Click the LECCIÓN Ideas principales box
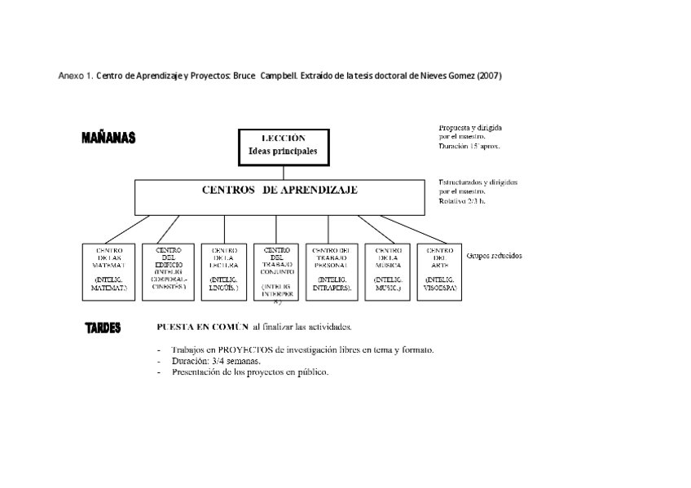(284, 145)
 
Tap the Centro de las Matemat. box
(109, 270)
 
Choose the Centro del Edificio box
(169, 270)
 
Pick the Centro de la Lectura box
(224, 270)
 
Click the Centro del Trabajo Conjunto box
(276, 270)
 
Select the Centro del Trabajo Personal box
(332, 270)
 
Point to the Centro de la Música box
(387, 270)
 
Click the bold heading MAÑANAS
(108, 138)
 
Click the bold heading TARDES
(103, 328)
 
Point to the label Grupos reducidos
(494, 256)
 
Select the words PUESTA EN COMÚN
(203, 328)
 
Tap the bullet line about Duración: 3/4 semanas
(216, 360)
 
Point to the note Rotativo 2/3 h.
(462, 200)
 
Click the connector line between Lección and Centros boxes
(284, 171)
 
